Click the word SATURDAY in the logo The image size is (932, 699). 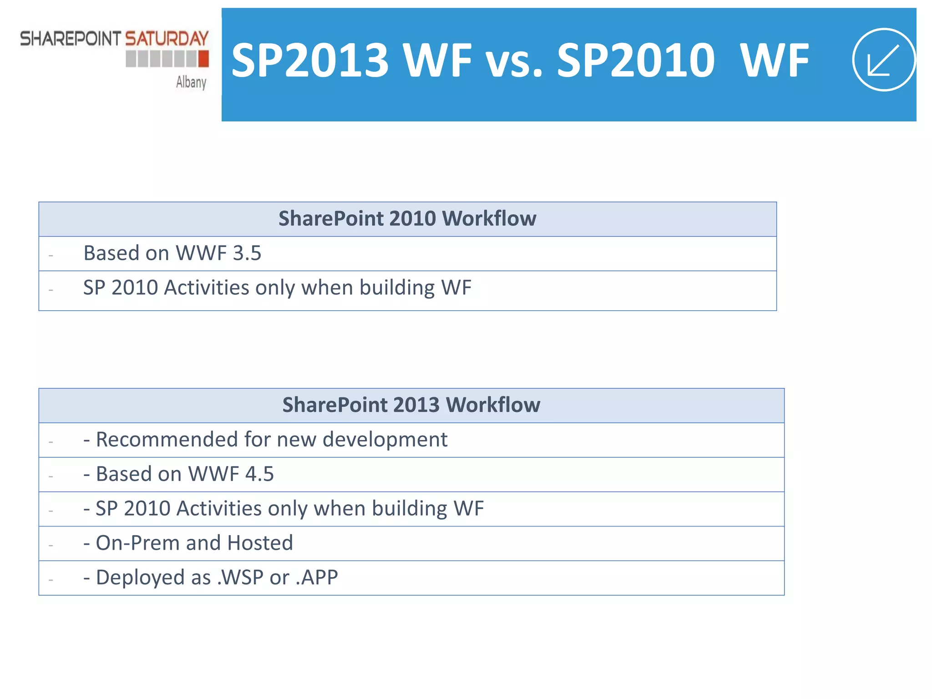tap(167, 39)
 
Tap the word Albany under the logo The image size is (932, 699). tap(191, 82)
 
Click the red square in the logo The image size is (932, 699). tap(203, 59)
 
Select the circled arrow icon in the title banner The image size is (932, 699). tap(883, 60)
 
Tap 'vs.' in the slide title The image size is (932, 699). tap(514, 61)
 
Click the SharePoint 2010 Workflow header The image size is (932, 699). tap(407, 219)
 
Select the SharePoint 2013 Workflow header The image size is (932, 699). tap(411, 405)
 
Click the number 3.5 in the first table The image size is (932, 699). tap(247, 253)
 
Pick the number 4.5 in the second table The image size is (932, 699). tap(259, 474)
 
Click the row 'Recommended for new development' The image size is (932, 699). tap(271, 440)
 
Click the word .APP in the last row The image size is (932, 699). tap(317, 577)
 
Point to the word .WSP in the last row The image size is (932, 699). tap(240, 577)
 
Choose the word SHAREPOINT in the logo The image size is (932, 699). tap(71, 39)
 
